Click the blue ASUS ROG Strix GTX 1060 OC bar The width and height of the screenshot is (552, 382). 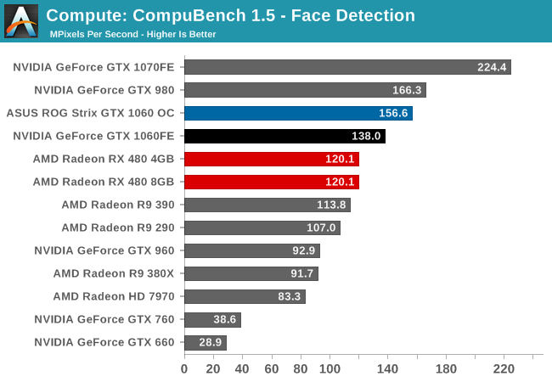tap(298, 113)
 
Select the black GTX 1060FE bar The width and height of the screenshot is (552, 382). tap(284, 136)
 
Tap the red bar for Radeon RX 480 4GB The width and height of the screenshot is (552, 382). tap(272, 159)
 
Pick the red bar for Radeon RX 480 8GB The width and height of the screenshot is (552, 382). tap(272, 182)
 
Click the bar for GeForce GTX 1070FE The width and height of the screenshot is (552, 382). tap(347, 67)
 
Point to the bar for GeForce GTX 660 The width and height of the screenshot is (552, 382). tap(206, 343)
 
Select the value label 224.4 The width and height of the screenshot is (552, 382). tap(493, 67)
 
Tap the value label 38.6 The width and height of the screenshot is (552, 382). tap(223, 320)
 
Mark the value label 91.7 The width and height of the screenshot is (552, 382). tap(301, 274)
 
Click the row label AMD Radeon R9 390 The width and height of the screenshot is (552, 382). tap(117, 205)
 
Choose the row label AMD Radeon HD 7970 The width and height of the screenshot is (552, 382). tap(113, 296)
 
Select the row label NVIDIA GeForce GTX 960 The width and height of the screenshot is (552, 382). tap(104, 250)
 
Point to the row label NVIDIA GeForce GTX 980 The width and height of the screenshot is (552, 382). tap(104, 90)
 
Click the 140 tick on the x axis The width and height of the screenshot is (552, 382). tap(387, 368)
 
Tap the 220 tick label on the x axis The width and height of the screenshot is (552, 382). tap(504, 368)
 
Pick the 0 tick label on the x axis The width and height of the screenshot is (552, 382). tap(184, 368)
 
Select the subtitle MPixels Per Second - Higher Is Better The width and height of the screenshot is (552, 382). tap(132, 34)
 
